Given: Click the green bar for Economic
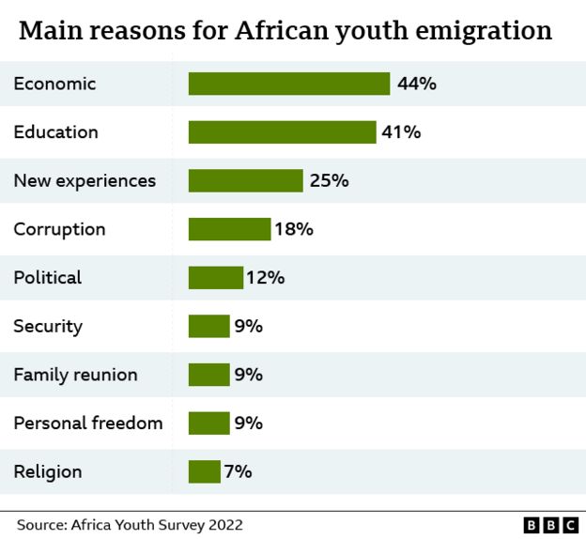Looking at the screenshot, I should [x=289, y=84].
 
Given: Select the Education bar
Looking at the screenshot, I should [x=282, y=132].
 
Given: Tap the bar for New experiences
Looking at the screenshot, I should [x=246, y=180].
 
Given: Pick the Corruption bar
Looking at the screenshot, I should [x=229, y=229].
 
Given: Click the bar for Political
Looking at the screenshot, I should [x=216, y=278].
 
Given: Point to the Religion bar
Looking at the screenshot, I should [x=205, y=471].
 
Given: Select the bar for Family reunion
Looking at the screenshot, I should [x=208, y=375].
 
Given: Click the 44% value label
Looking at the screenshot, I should [x=417, y=84].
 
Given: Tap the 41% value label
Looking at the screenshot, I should [x=401, y=132].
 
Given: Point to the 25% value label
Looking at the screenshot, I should [x=329, y=180].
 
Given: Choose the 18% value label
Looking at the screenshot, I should [x=294, y=229].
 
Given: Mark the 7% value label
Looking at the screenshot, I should [x=238, y=471].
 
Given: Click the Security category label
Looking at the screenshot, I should [x=48, y=326].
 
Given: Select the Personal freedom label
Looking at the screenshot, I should [x=87, y=423].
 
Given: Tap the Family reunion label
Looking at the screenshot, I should [x=75, y=375].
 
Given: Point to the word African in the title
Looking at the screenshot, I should [x=276, y=31].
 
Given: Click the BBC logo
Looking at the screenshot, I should [x=550, y=525].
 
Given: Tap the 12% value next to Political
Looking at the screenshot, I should [x=266, y=278].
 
